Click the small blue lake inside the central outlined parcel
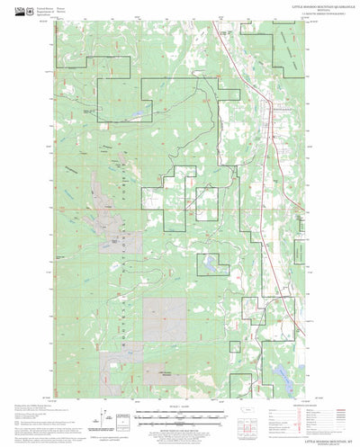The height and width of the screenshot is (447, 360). click(x=208, y=263)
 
